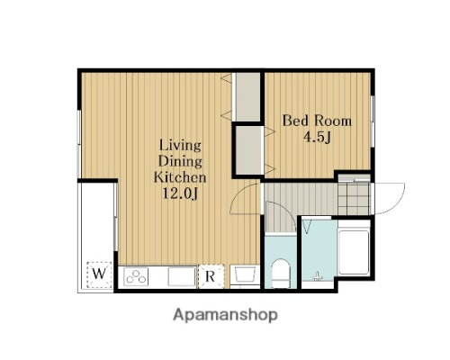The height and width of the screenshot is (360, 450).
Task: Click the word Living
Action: [180, 146]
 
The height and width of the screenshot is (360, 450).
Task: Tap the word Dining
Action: [180, 161]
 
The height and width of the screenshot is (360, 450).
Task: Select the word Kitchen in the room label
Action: [180, 177]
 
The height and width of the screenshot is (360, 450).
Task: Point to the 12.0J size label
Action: [180, 193]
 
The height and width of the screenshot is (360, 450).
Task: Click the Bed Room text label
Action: [317, 121]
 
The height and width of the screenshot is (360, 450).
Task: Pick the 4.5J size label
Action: [317, 138]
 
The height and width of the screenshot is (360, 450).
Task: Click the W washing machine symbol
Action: [99, 274]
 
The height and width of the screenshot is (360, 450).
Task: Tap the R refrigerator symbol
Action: [211, 276]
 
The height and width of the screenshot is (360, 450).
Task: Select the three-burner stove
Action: [137, 276]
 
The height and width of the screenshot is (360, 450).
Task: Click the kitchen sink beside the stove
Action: [181, 276]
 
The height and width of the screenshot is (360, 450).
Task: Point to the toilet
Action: [281, 273]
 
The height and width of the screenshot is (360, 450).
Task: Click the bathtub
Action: [354, 252]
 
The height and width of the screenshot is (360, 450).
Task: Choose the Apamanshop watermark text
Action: [225, 315]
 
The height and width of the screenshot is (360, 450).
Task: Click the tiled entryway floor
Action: [355, 199]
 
